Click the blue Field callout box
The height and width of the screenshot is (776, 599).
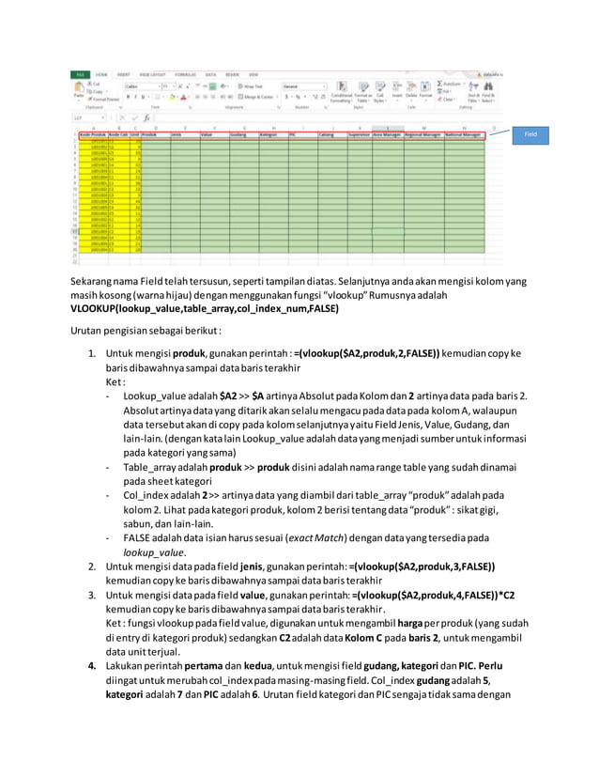pyautogui.click(x=540, y=134)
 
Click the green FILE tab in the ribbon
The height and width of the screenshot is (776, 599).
pyautogui.click(x=82, y=72)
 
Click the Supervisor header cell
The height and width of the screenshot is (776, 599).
pyautogui.click(x=360, y=135)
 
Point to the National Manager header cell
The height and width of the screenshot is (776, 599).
pyautogui.click(x=466, y=135)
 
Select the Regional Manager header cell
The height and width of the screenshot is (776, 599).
pyautogui.click(x=422, y=135)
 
